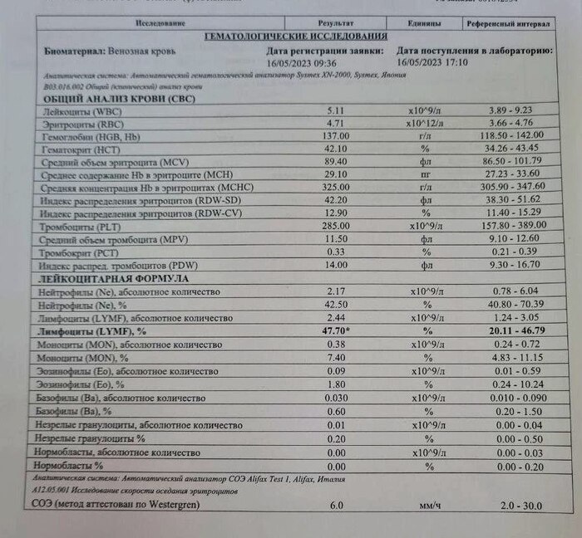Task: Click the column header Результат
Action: point(336,24)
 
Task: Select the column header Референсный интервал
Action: point(508,25)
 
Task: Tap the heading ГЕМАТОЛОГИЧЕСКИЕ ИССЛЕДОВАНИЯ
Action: point(295,37)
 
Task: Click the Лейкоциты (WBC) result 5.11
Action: point(335,110)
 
